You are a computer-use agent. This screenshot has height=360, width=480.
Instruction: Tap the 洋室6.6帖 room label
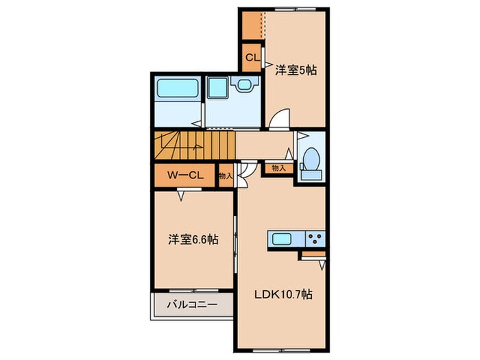[194, 241]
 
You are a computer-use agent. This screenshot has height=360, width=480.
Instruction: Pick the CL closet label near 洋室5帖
[251, 59]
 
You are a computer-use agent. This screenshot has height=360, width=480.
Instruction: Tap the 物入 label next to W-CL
[226, 176]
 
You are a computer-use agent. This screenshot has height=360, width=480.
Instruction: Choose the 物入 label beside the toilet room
[278, 167]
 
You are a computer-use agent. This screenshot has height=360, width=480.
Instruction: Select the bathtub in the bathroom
[177, 89]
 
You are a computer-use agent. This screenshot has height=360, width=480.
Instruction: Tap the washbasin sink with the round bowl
[243, 85]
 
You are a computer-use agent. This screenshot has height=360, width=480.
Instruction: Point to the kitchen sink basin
[283, 239]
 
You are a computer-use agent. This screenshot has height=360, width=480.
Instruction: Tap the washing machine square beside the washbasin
[218, 87]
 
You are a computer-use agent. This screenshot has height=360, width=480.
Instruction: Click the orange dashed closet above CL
[252, 25]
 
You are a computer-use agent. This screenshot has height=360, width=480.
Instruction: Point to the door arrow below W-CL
[181, 196]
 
